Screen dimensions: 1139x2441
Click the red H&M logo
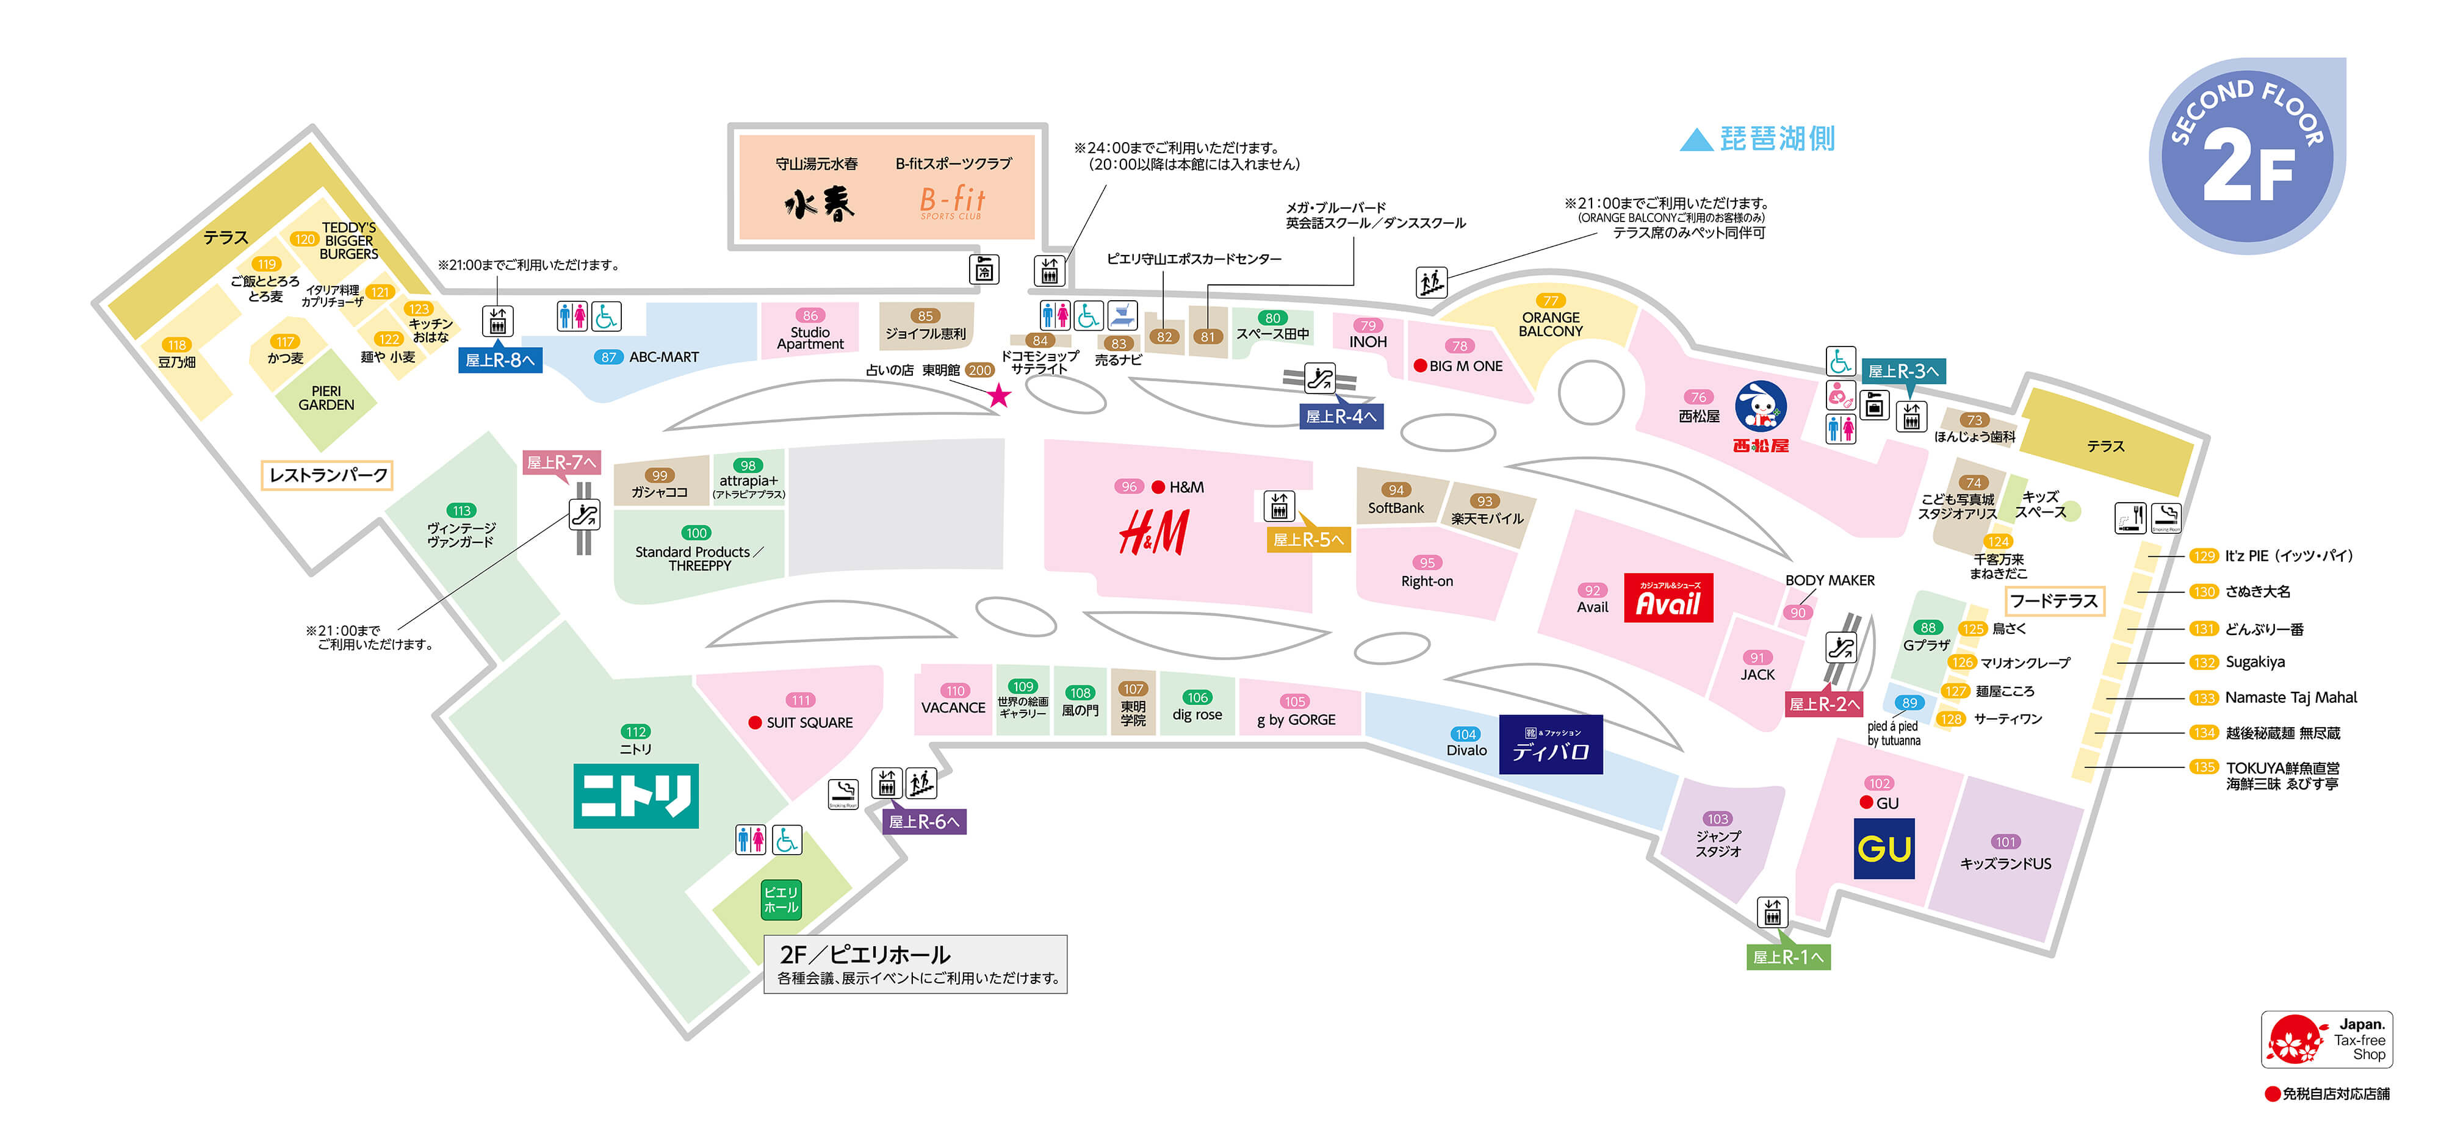(1153, 533)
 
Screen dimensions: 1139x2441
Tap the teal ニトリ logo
(636, 796)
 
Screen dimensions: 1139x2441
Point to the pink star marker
(999, 395)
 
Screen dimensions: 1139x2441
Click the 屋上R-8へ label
(499, 360)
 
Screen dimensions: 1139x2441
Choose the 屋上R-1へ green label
(1787, 957)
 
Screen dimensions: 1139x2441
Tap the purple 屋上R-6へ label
(924, 822)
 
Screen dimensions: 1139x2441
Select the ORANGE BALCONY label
(1550, 324)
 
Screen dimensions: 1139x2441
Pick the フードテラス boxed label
(2053, 601)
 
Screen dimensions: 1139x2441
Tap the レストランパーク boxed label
(328, 475)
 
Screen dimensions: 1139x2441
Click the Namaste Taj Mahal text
(2290, 697)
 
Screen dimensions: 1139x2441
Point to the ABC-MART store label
(663, 358)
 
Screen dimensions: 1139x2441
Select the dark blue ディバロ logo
(1550, 745)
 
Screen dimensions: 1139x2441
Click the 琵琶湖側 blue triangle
(1695, 140)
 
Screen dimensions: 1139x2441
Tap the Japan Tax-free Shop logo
(2326, 1040)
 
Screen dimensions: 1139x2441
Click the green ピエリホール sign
(781, 899)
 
